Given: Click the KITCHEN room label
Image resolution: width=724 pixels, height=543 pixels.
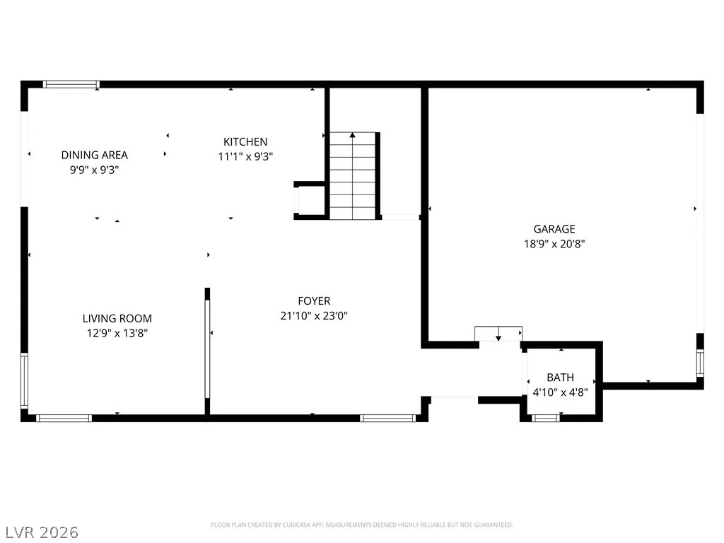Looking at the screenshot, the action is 245,141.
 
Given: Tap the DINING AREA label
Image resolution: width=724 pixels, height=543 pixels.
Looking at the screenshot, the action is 95,155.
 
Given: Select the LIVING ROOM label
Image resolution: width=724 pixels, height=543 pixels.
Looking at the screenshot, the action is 117,319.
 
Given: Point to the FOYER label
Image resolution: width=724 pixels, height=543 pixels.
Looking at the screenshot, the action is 314,301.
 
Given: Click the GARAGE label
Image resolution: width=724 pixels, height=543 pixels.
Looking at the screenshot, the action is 554,229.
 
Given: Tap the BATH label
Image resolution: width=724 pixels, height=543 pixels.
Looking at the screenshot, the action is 561,378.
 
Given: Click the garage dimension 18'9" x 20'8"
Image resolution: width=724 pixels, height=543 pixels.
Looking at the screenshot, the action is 554,244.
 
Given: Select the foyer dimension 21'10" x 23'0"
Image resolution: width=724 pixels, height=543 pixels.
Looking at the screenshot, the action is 314,316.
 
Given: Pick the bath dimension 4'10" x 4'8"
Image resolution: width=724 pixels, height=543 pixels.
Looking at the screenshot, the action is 561,392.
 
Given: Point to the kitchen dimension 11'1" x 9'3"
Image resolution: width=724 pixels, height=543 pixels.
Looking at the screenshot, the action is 245,156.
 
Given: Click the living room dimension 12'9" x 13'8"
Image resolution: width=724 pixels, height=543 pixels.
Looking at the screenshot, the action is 117,334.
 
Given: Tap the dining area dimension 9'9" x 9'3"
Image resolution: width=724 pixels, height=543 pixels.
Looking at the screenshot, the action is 95,170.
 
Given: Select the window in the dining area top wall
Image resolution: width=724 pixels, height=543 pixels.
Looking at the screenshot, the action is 71,85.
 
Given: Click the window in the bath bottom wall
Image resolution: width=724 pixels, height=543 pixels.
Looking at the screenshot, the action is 546,419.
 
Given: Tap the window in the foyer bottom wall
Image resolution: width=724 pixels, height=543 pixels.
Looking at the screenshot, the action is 388,419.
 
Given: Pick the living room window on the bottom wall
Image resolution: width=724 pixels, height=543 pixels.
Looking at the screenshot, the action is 64,419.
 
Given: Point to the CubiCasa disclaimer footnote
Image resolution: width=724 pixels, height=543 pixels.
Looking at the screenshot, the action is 362,525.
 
